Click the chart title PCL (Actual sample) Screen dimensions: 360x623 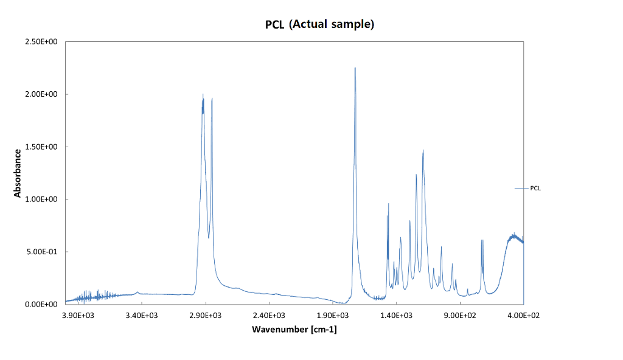pyautogui.click(x=319, y=25)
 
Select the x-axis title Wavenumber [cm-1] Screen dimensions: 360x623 pyautogui.click(x=294, y=330)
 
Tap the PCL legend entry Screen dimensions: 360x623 pyautogui.click(x=535, y=189)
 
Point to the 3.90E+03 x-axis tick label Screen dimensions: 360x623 pyautogui.click(x=78, y=316)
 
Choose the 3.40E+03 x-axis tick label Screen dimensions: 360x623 pyautogui.click(x=142, y=316)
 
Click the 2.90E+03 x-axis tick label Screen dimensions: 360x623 pyautogui.click(x=206, y=316)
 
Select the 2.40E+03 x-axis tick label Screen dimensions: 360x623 pyautogui.click(x=270, y=316)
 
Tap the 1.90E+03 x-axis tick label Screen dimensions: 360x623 pyautogui.click(x=333, y=316)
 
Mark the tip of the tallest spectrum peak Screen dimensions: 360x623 pyautogui.click(x=355, y=68)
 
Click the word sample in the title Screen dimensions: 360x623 pyautogui.click(x=350, y=25)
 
